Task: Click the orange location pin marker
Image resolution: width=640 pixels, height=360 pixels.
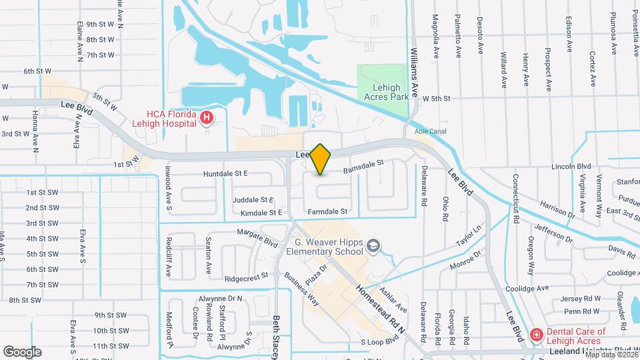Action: [321, 159]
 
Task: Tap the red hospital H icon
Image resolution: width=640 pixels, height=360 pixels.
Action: [207, 119]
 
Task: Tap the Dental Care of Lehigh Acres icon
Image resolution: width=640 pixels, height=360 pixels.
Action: [536, 334]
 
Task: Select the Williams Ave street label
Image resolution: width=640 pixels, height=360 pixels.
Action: [414, 73]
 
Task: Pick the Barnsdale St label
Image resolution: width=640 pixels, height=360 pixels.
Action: [364, 166]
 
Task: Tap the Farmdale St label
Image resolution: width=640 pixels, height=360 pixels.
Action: [328, 211]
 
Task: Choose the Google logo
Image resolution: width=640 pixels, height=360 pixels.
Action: [22, 351]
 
